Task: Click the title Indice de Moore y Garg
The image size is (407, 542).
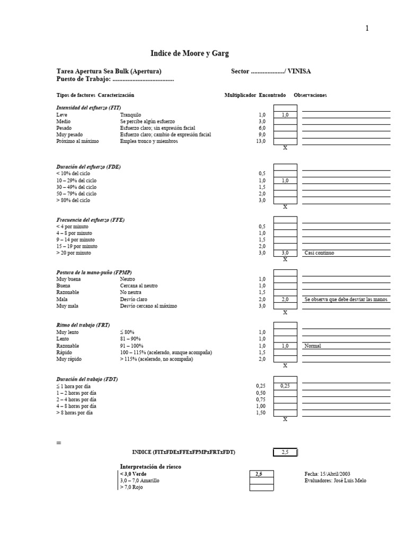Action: pos(190,53)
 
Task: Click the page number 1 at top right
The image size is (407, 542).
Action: pos(367,29)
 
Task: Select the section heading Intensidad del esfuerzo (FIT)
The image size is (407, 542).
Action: pos(89,107)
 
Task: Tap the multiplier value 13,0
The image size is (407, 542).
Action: pos(260,141)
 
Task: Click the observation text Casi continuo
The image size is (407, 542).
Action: pos(320,253)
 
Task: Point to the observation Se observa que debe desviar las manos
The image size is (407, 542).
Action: pos(346,300)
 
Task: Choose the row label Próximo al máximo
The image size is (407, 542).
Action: pos(77,141)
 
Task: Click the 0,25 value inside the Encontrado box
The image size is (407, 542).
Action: pos(285,386)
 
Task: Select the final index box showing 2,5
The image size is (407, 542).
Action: pos(285,452)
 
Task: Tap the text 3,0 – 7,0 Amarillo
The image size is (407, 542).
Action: pos(139,481)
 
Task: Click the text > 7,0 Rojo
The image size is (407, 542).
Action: pos(131,487)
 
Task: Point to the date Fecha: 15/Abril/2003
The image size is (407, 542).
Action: pos(328,474)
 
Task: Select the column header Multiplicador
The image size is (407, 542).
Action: pos(240,95)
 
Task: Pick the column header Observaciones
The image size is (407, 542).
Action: pos(310,95)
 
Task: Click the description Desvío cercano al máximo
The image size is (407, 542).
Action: pos(148,306)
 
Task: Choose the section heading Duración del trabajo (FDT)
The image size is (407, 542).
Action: pos(87,379)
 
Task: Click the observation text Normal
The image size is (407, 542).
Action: pos(313,346)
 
